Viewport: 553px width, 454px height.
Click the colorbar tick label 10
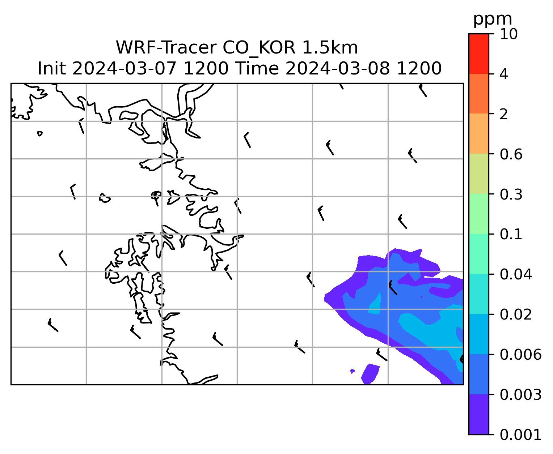coord(508,34)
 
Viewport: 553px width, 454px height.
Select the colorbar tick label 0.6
coord(511,154)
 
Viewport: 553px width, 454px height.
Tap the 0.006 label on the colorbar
coord(520,355)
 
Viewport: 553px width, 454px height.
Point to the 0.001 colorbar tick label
coord(520,435)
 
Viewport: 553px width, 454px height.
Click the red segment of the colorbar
coord(478,53)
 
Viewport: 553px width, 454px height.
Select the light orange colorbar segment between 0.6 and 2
coord(478,133)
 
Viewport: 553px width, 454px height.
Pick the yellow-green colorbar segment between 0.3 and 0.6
coord(478,174)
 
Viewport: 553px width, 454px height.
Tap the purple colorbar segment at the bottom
coord(478,415)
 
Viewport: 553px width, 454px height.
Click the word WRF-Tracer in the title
coord(166,48)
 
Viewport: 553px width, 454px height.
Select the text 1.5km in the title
coord(330,48)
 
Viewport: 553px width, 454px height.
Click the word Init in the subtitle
coord(52,69)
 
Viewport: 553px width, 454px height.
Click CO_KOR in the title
coord(259,48)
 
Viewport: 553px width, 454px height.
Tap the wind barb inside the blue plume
coord(393,287)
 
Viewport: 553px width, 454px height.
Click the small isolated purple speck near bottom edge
coord(353,371)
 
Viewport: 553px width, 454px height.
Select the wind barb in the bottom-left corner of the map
coord(53,325)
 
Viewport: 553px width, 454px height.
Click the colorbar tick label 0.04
coord(515,274)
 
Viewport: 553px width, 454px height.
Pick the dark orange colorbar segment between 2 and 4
coord(478,94)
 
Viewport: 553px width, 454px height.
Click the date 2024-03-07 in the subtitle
coord(124,69)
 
